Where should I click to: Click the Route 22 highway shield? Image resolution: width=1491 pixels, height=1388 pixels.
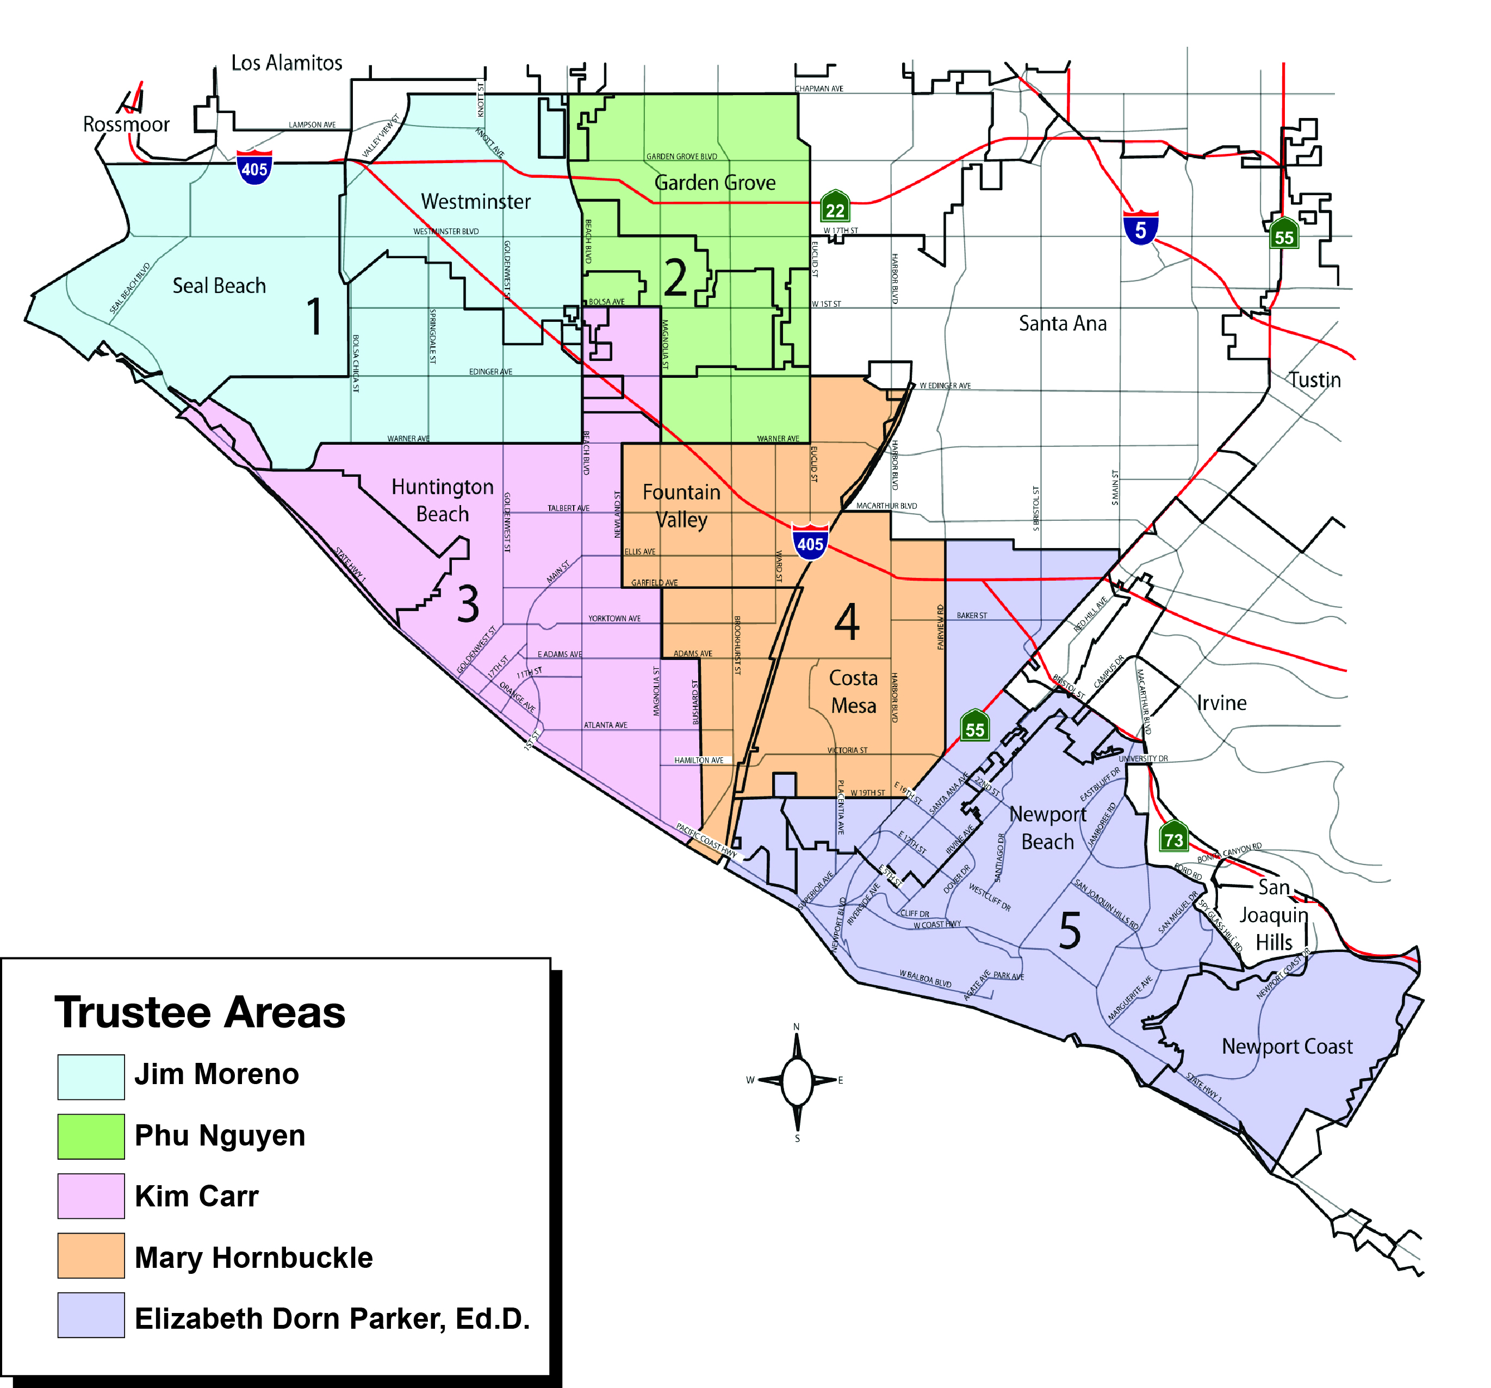coord(835,206)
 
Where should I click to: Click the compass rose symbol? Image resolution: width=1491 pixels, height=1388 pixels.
coord(797,1081)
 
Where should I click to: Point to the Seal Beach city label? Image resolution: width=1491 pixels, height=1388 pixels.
coord(219,285)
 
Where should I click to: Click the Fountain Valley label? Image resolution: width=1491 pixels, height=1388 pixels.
coord(681,506)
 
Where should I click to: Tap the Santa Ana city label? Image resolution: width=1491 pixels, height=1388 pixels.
coord(1062,323)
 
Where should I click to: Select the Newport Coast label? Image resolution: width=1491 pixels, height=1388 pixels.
coord(1287,1046)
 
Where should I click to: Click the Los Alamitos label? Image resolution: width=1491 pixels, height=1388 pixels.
coord(287,63)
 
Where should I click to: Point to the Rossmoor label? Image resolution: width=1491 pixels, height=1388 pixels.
coord(126,125)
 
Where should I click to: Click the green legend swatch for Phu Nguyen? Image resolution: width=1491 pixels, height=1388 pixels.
coord(91,1136)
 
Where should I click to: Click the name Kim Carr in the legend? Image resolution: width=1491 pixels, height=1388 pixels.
coord(196,1196)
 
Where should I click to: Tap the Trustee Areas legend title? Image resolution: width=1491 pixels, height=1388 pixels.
coord(200,1012)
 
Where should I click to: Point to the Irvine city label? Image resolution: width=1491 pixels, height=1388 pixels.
coord(1221,702)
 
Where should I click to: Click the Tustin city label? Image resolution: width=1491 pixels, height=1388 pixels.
coord(1315,379)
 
